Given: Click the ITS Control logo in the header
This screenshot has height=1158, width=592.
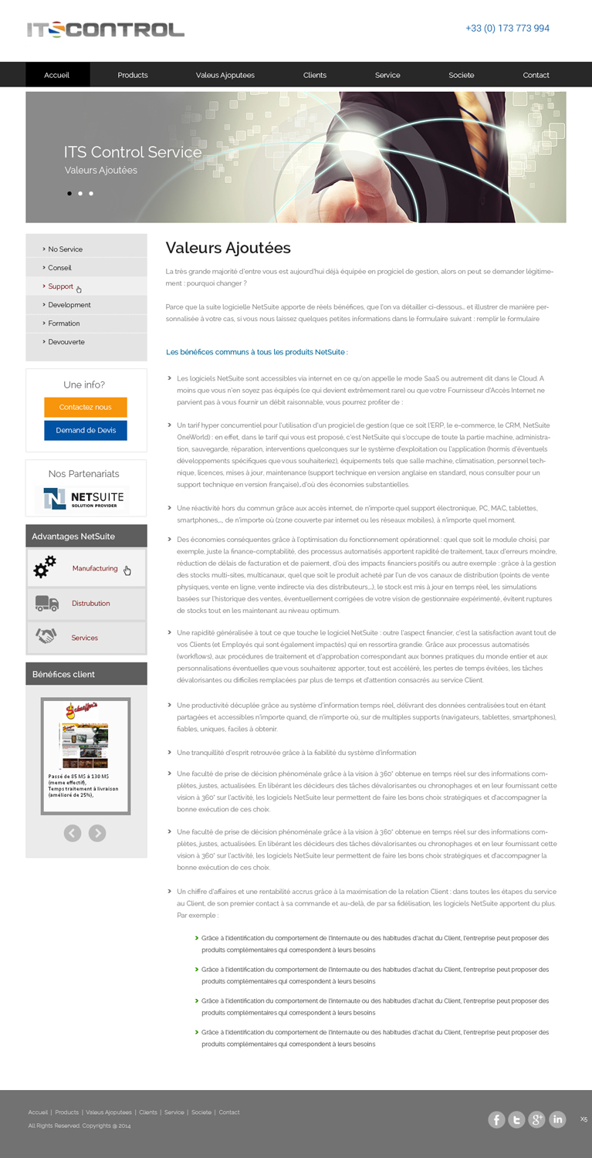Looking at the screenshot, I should pyautogui.click(x=105, y=30).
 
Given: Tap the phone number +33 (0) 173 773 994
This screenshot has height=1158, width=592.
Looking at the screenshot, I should pyautogui.click(x=507, y=29).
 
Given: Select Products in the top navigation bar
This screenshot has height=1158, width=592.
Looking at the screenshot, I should pyautogui.click(x=133, y=75).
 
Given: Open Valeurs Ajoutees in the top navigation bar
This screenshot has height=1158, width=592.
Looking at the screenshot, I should pyautogui.click(x=225, y=75).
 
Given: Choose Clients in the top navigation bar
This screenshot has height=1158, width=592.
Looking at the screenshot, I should pyautogui.click(x=315, y=75).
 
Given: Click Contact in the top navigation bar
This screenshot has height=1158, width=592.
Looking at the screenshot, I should pyautogui.click(x=536, y=75).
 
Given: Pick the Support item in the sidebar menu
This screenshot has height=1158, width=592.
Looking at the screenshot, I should pyautogui.click(x=61, y=286).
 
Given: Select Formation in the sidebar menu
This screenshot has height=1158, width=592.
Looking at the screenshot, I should pyautogui.click(x=64, y=323).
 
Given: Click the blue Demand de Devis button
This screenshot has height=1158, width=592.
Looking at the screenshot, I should pyautogui.click(x=86, y=430).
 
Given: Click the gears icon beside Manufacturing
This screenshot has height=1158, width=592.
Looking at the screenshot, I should pyautogui.click(x=46, y=567).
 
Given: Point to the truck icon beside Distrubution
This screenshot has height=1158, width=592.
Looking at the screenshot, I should pyautogui.click(x=46, y=603).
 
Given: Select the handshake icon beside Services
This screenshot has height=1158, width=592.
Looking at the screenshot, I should pyautogui.click(x=46, y=637).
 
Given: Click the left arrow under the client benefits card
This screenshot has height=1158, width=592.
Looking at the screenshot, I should pyautogui.click(x=73, y=832).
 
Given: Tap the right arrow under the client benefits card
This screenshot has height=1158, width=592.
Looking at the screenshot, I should pyautogui.click(x=97, y=832).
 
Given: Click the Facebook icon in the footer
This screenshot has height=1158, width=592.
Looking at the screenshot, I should pyautogui.click(x=496, y=1119).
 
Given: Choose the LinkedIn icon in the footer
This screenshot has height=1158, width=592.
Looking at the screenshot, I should pyautogui.click(x=557, y=1119).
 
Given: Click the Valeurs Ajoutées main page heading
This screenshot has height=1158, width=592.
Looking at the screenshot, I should pyautogui.click(x=228, y=248).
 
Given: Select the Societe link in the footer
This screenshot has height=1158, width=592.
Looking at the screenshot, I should pyautogui.click(x=201, y=1112).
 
